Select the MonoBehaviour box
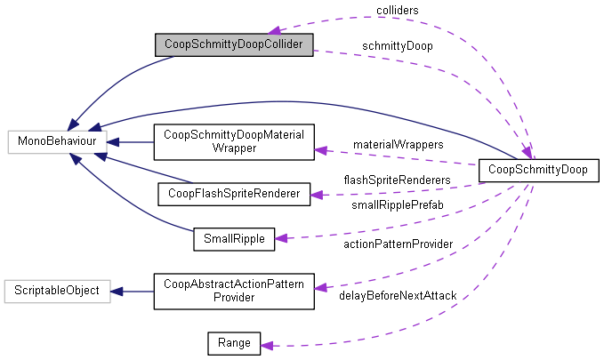(x=57, y=140)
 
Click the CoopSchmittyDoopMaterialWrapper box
(x=234, y=141)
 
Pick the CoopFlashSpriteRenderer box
(x=234, y=192)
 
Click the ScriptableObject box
(x=57, y=291)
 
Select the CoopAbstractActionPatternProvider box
(x=234, y=291)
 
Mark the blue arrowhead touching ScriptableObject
(x=116, y=291)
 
